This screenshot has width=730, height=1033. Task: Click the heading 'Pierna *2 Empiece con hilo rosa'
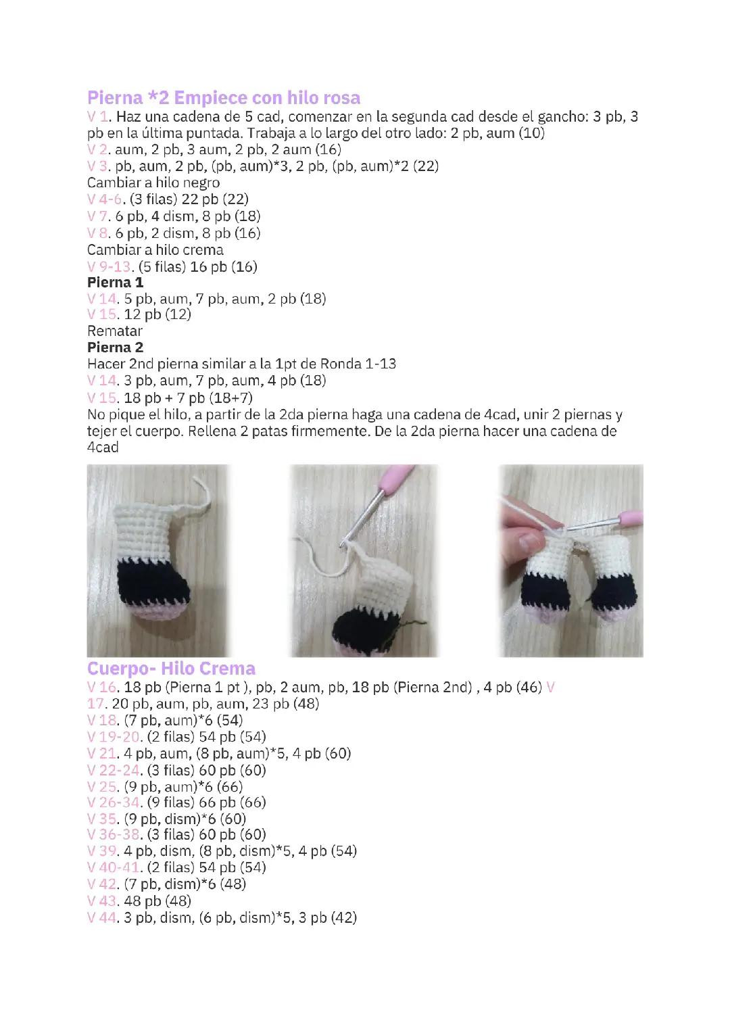coord(224,97)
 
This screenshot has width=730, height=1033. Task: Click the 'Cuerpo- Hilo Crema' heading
coord(171,669)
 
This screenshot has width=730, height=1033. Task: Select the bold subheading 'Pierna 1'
coord(115,282)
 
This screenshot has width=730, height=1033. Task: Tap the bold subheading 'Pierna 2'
coord(115,347)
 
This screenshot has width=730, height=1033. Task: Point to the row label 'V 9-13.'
coord(106,266)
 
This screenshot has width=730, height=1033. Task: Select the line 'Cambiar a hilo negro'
coord(153,183)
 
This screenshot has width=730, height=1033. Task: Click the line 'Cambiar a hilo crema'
coord(155,249)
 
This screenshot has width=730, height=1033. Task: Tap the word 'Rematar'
coord(115,331)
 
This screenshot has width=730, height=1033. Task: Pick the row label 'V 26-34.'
coord(114,802)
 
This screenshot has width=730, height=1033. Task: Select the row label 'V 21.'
coord(102,753)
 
